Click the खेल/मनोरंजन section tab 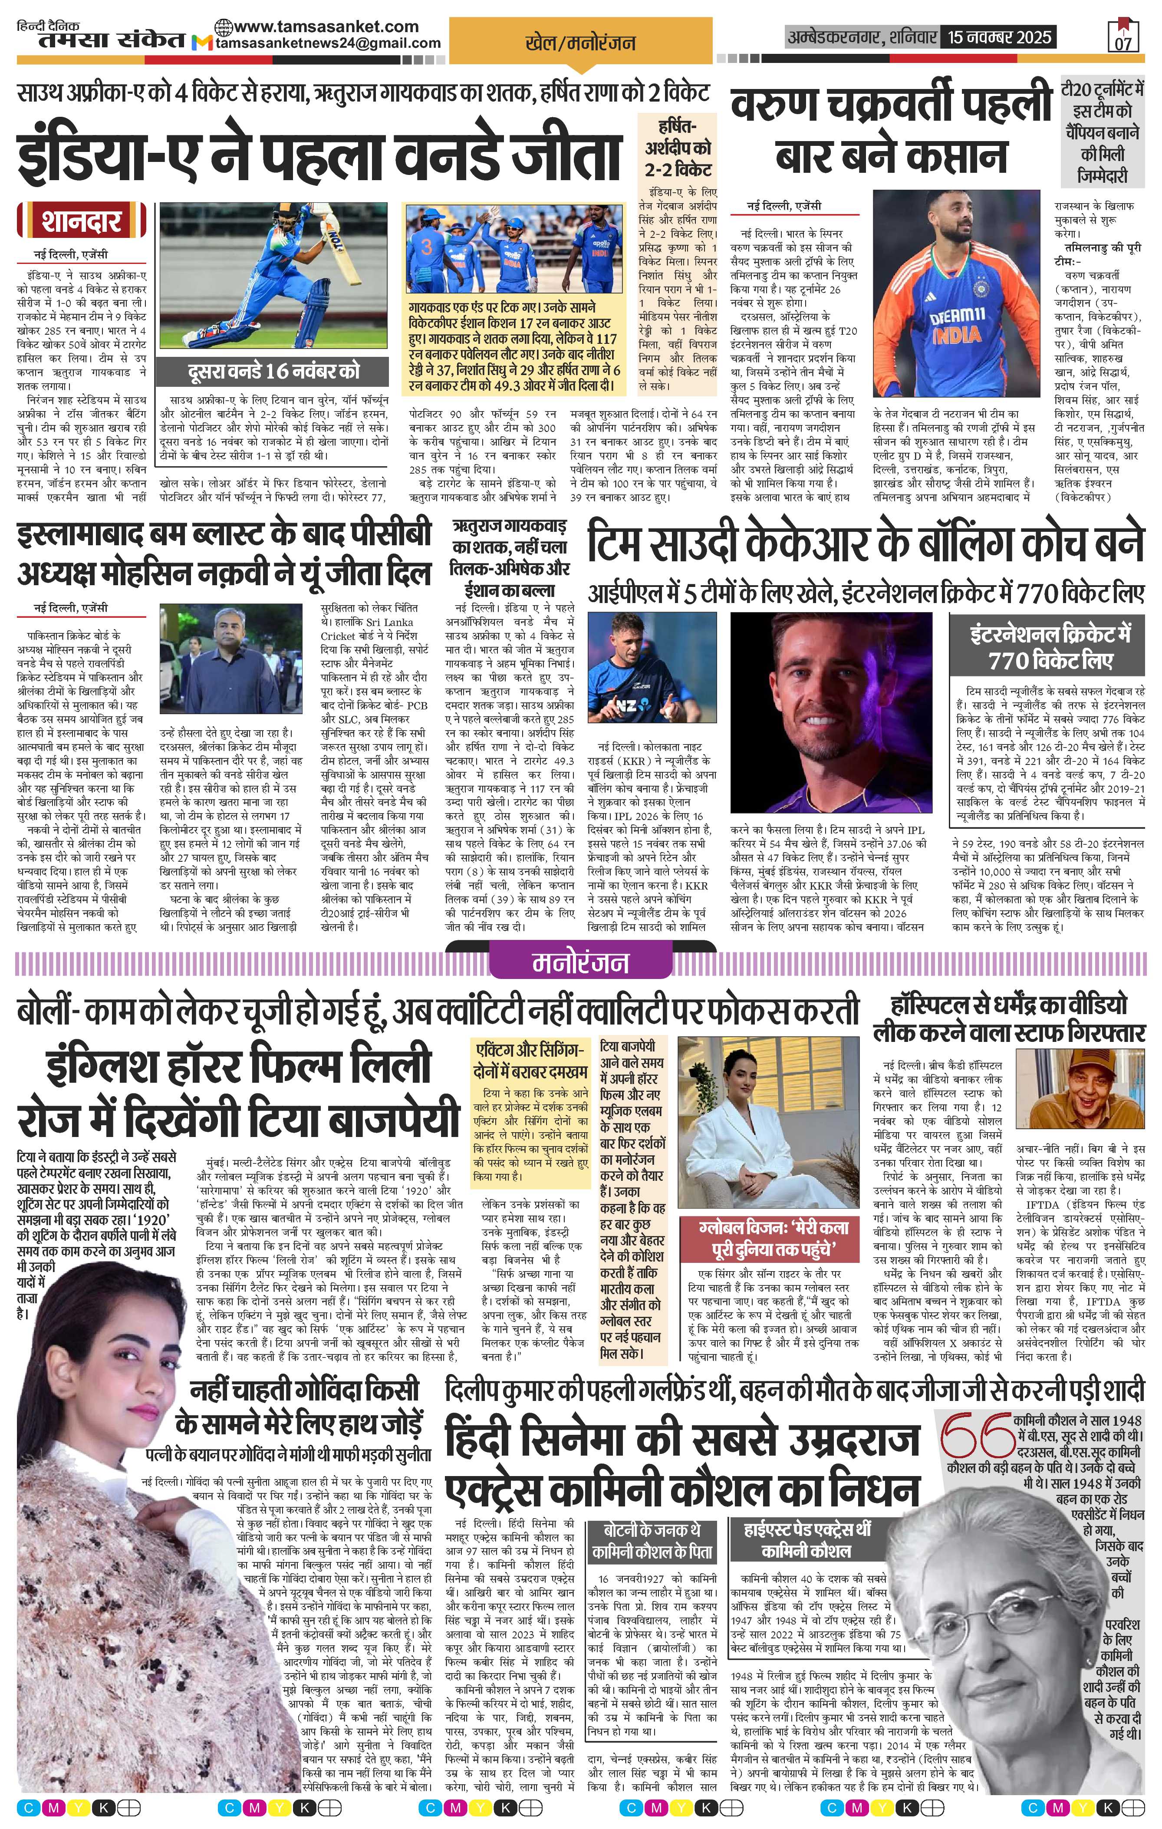click(579, 43)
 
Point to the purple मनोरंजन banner click(580, 962)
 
